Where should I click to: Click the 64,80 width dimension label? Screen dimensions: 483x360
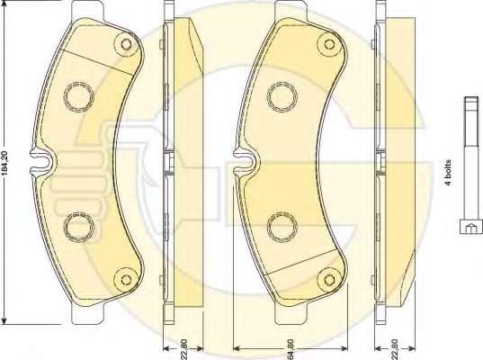click(x=290, y=349)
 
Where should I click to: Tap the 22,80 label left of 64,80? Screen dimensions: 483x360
click(x=183, y=349)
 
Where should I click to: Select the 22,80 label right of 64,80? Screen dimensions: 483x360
click(x=395, y=349)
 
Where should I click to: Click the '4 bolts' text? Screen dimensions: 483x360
click(x=448, y=172)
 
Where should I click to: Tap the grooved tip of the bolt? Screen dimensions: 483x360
click(x=471, y=103)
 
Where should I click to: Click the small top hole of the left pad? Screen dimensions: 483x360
click(x=126, y=44)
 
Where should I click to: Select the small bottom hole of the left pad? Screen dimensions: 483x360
click(x=126, y=279)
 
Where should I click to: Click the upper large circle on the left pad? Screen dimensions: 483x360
click(x=79, y=97)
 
